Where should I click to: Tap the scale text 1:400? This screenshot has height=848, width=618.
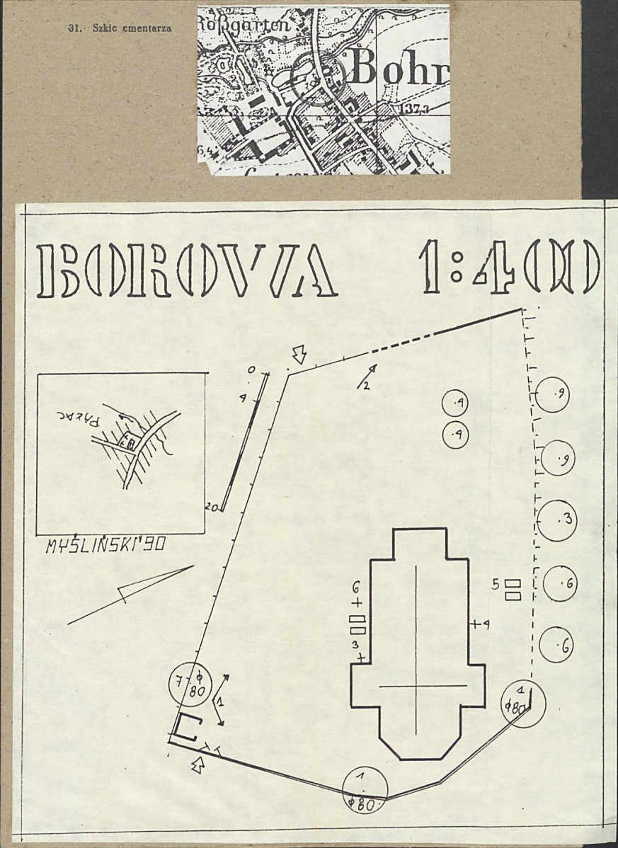coord(510,268)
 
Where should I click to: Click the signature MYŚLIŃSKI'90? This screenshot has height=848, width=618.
coord(105,546)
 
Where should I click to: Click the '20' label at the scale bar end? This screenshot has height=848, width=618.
coord(210,508)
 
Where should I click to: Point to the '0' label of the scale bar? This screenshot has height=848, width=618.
coord(251,370)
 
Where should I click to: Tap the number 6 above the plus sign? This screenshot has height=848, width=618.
coord(356,588)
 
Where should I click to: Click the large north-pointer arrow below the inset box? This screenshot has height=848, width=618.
coord(131,595)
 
